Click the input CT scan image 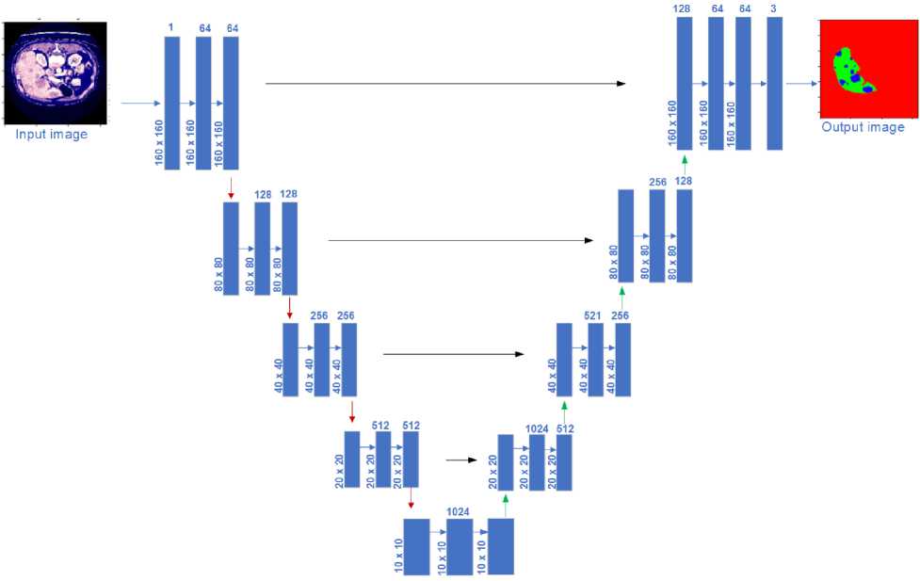(x=55, y=73)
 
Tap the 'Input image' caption (x=51, y=135)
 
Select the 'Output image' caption (x=863, y=127)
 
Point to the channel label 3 (x=774, y=8)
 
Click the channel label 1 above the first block (x=170, y=28)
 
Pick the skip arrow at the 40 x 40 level (x=453, y=354)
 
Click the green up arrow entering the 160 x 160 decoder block (x=685, y=162)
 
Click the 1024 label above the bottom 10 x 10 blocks (x=459, y=511)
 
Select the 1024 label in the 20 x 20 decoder (x=537, y=428)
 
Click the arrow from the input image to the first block (x=142, y=104)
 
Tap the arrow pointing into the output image (x=801, y=84)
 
